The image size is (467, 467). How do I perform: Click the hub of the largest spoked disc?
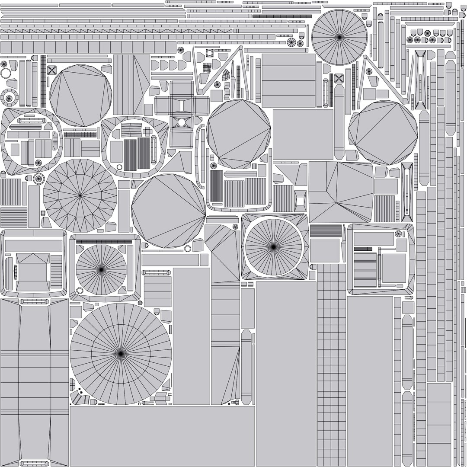coord(121,354)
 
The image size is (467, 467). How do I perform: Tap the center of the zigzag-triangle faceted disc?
coord(80,195)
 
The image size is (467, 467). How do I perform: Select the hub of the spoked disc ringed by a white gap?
coord(273,247)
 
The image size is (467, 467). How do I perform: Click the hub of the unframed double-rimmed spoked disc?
coord(339,37)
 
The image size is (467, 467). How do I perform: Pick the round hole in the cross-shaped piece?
coord(182,122)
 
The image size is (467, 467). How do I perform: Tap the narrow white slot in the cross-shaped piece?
coord(182,105)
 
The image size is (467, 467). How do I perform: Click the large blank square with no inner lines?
coord(303,134)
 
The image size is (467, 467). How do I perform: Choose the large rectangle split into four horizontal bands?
coord(288,80)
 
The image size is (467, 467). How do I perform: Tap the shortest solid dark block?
coord(363,249)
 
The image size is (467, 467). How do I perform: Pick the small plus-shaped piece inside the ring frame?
coord(147,131)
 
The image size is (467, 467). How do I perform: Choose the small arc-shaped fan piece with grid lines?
coord(227,77)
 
